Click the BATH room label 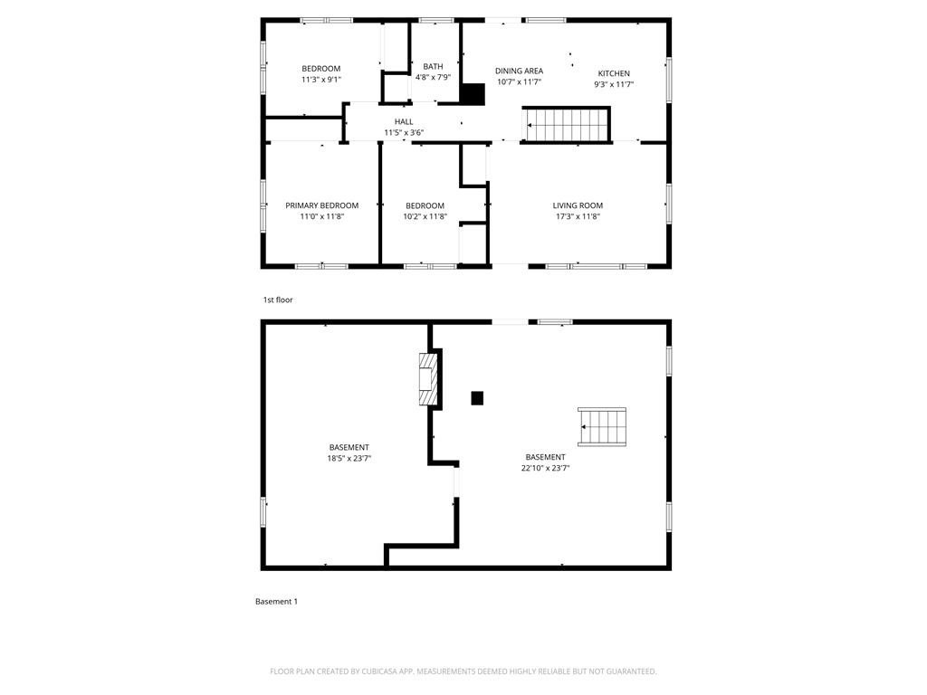[x=433, y=67]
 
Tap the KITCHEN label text [x=614, y=73]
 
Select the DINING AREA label [x=519, y=71]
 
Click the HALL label [x=404, y=122]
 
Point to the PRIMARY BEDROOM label [x=321, y=205]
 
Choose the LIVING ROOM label [x=578, y=205]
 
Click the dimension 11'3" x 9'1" [x=321, y=80]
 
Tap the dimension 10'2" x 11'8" [x=425, y=216]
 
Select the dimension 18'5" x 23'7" [x=349, y=458]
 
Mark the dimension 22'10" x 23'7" [x=545, y=468]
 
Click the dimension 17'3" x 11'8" [x=578, y=216]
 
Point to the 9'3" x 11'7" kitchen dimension [x=614, y=84]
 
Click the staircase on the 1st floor [x=567, y=125]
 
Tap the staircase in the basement [x=602, y=427]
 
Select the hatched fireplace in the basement [x=428, y=379]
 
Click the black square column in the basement [x=477, y=398]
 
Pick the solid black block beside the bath [x=473, y=94]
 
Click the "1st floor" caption [x=278, y=300]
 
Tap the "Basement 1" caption [x=276, y=602]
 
